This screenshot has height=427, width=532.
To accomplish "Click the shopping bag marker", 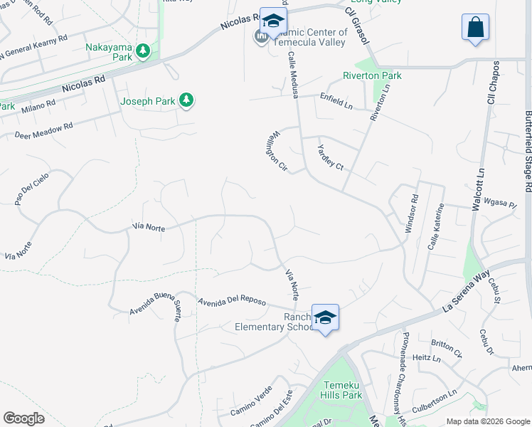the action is pos(475,28).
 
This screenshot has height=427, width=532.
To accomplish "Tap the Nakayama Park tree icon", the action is pos(143,51).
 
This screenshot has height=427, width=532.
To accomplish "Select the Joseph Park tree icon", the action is pos(186,100).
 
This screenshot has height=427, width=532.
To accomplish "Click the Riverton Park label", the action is pos(372,75).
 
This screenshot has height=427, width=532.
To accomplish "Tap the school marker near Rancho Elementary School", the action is pos(325,317).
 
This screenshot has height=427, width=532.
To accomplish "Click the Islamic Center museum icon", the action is pos(261,36).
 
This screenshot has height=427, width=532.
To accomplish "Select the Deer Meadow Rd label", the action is pos(43,130).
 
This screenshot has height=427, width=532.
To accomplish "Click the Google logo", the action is pos(23,418).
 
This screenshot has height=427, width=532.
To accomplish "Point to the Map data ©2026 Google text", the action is pos(487,421).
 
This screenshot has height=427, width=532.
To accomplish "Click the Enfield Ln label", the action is pos(336,100).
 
